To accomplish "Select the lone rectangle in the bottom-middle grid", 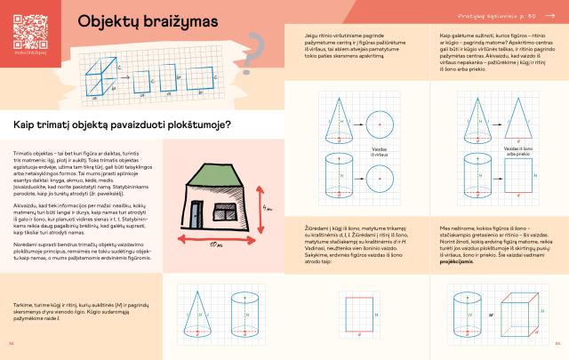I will point(360,312).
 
